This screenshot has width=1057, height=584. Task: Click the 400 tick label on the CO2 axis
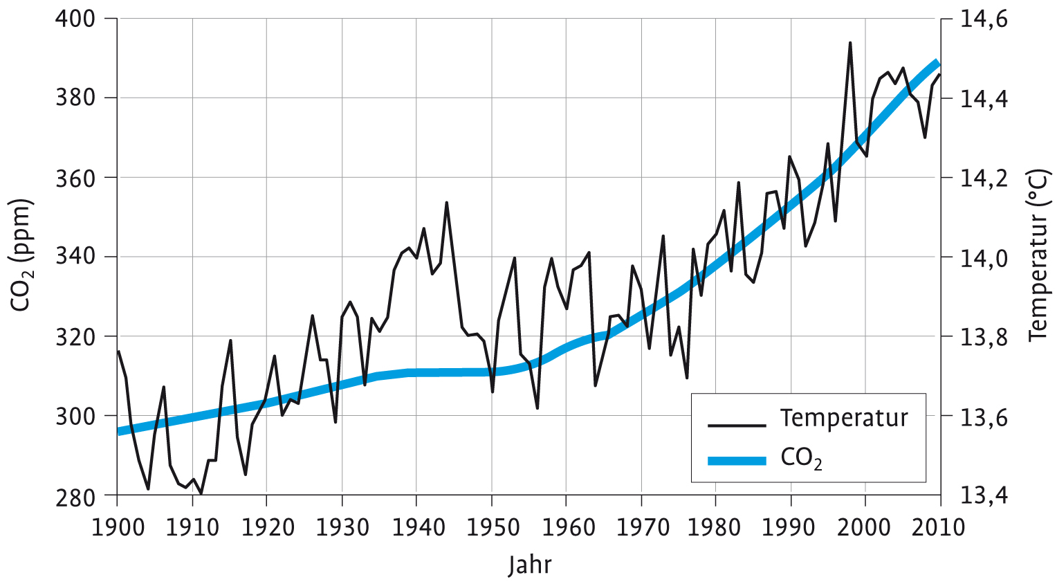tap(75, 18)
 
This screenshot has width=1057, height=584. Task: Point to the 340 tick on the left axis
tap(75, 257)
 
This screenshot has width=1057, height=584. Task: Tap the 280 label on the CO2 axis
tap(75, 496)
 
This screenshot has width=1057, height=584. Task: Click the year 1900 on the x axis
tap(117, 527)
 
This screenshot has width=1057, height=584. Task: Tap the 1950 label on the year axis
tap(491, 527)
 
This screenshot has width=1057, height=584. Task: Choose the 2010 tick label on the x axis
tap(939, 527)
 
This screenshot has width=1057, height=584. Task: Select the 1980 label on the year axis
tap(715, 527)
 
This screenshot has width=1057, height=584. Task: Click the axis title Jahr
tap(529, 565)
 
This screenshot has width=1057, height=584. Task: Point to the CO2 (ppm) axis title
tap(22, 255)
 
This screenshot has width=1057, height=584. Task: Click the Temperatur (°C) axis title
tap(1038, 255)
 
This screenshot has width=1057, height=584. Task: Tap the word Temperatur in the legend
tap(844, 418)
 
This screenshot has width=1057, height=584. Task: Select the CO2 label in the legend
tap(801, 458)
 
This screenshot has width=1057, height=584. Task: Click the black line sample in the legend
tap(737, 426)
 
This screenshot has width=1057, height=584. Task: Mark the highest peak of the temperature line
tap(849, 43)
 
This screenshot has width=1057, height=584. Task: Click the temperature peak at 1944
tap(446, 203)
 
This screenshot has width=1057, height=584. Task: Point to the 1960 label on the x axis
tap(566, 527)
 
